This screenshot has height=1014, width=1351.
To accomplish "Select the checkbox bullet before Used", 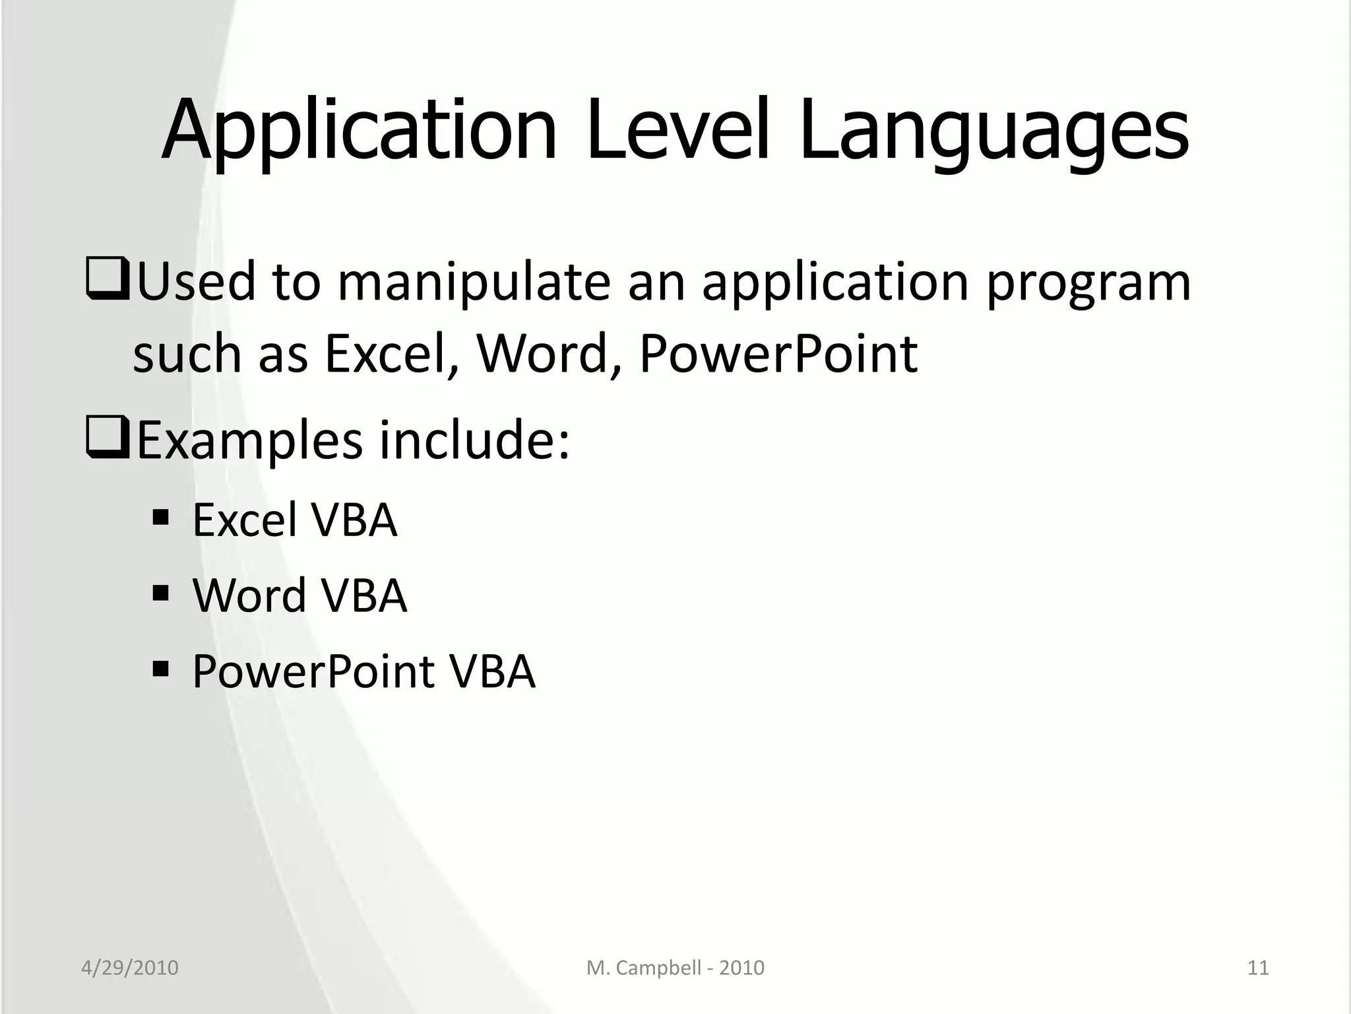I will pyautogui.click(x=106, y=281).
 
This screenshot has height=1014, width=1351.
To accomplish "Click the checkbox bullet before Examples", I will pyautogui.click(x=106, y=440).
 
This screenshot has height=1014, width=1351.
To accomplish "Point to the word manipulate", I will pyautogui.click(x=474, y=283).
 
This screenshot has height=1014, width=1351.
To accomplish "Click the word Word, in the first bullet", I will pyautogui.click(x=548, y=354).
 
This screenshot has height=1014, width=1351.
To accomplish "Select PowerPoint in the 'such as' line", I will pyautogui.click(x=778, y=354).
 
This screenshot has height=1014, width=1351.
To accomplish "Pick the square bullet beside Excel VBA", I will pyautogui.click(x=160, y=517).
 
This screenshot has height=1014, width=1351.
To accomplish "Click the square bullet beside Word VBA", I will pyautogui.click(x=160, y=592).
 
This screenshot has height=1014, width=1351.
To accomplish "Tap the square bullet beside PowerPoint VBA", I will pyautogui.click(x=160, y=669).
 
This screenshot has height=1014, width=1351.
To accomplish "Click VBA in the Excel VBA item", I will pyautogui.click(x=354, y=520).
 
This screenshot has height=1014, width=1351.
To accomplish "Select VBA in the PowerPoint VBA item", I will pyautogui.click(x=491, y=672).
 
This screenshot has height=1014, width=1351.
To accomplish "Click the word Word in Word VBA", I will pyautogui.click(x=249, y=595).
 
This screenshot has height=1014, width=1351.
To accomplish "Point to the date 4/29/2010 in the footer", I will pyautogui.click(x=130, y=968).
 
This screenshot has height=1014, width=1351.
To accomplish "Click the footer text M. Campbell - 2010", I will pyautogui.click(x=675, y=968).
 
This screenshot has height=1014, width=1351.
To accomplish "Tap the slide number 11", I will pyautogui.click(x=1258, y=968).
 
